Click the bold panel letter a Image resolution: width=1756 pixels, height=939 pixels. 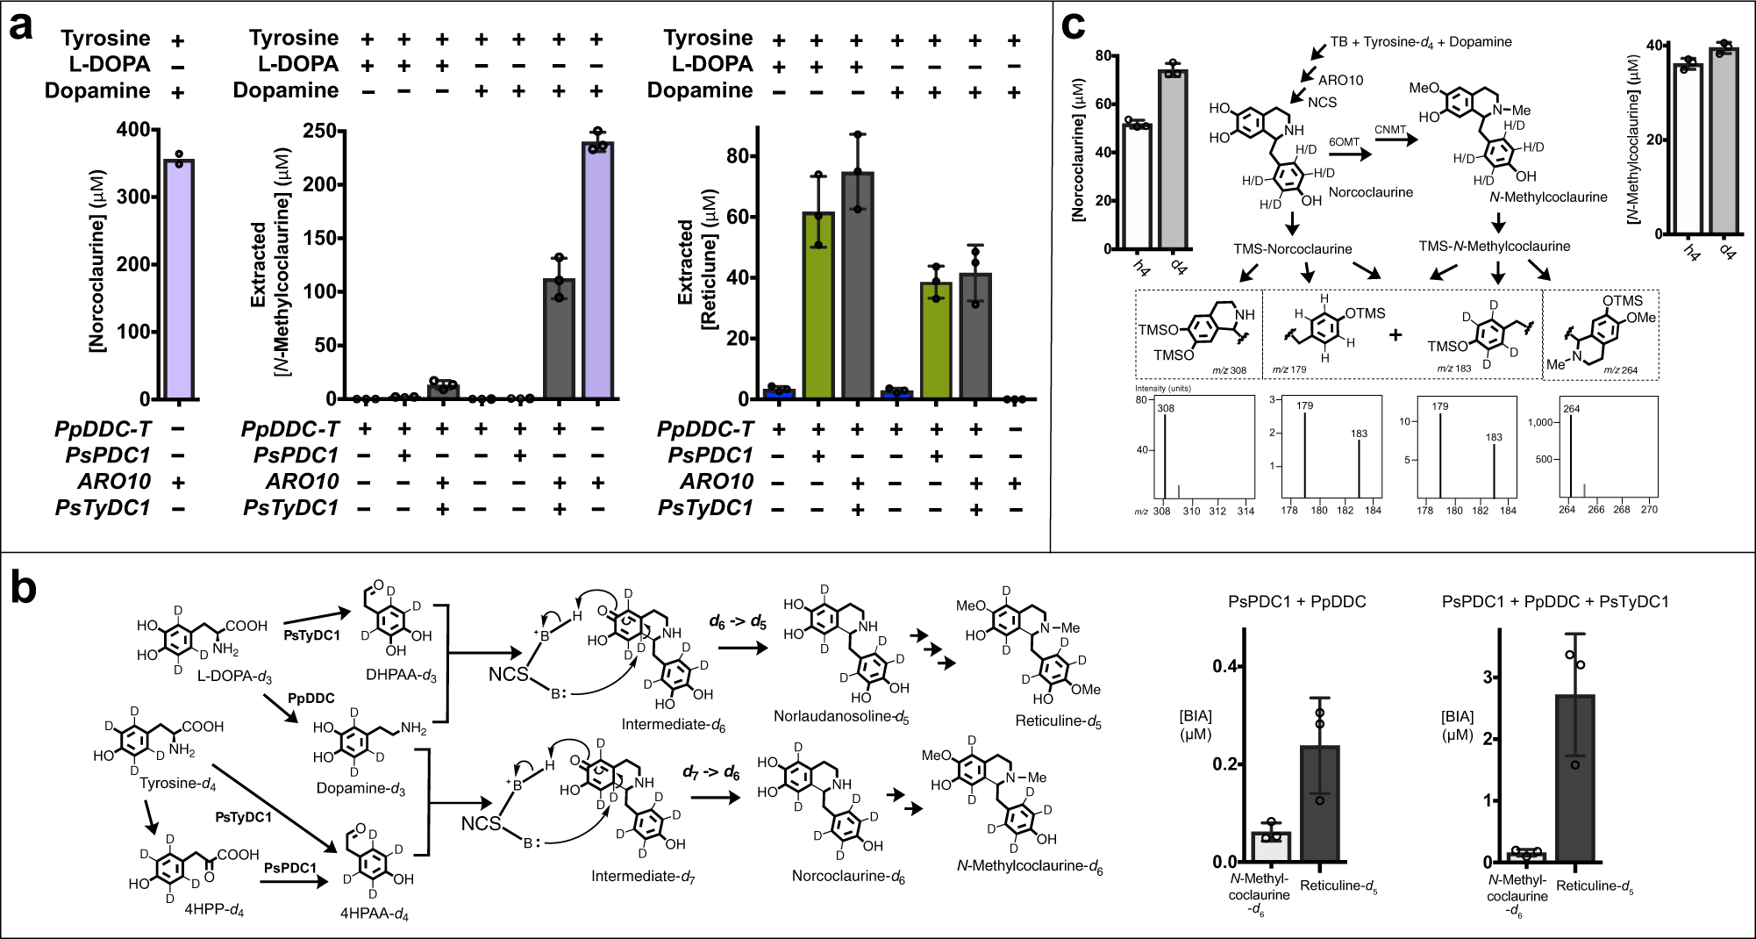pos(21,25)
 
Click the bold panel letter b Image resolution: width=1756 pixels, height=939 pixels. pos(24,586)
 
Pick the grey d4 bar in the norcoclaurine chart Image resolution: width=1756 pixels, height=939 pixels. pos(1173,159)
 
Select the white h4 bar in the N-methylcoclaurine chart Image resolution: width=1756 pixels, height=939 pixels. pos(1688,149)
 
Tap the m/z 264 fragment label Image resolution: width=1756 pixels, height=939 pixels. pos(1620,370)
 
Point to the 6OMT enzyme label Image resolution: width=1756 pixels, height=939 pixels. pos(1344,142)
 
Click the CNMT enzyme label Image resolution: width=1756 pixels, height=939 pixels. pos(1390,130)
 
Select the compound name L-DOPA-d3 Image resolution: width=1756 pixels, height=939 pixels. pos(234,677)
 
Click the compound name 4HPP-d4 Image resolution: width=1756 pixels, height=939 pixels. pos(214,910)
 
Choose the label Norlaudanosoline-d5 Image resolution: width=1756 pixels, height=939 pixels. pos(840,717)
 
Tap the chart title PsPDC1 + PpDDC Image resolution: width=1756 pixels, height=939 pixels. pos(1296,602)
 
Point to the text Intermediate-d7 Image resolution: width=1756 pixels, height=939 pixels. pos(642,877)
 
